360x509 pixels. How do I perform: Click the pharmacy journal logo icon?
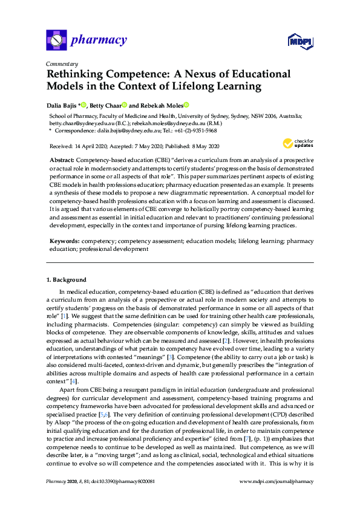tap(56, 41)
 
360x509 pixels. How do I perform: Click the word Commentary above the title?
tap(62, 64)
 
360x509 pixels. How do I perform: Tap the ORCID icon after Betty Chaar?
tap(124, 105)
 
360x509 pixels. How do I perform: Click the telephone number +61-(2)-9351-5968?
tap(196, 131)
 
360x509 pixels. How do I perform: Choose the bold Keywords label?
tap(64, 241)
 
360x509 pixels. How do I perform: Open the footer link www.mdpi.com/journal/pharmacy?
tap(277, 498)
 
